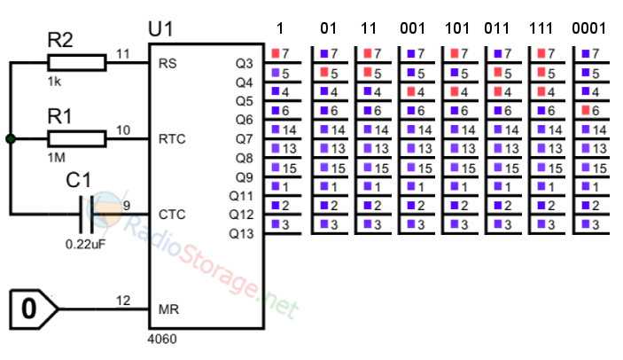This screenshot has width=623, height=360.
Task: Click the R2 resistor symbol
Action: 77,63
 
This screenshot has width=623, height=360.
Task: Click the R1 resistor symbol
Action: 77,139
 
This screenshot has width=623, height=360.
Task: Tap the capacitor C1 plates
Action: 87,215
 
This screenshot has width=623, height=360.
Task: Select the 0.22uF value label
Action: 86,244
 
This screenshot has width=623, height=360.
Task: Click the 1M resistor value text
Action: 57,158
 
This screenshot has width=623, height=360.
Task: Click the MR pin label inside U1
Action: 168,309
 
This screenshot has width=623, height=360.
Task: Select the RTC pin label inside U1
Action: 172,139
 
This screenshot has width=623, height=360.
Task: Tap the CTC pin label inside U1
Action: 172,215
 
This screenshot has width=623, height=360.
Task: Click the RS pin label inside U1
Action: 167,63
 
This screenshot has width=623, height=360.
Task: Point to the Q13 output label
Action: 241,233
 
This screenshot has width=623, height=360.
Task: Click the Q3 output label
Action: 244,63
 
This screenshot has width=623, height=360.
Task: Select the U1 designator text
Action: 161,29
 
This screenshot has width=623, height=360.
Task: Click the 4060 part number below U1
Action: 162,339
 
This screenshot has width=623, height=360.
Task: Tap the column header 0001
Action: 589,28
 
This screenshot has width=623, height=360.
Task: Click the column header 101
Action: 457,28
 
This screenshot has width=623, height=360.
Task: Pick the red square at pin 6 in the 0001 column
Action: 586,110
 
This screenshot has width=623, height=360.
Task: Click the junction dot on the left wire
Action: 11,139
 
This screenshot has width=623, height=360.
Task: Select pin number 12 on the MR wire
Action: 123,301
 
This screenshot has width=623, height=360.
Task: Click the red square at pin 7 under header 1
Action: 276,53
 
